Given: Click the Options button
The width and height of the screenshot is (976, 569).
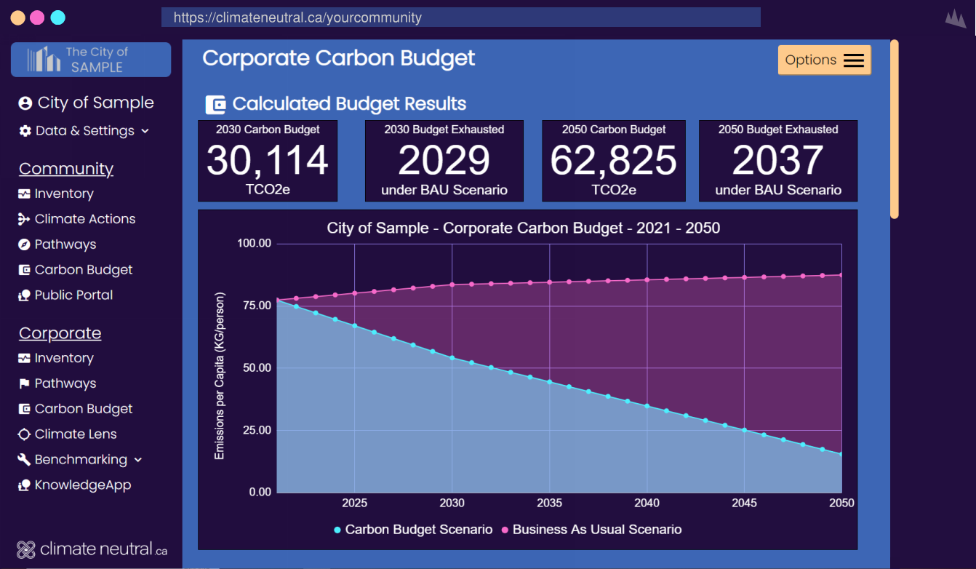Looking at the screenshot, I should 824,60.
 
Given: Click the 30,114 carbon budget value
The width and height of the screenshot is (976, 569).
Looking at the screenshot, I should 268,161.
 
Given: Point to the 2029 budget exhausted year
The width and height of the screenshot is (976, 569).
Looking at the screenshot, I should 444,161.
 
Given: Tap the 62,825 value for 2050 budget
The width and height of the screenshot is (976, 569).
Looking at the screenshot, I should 613,161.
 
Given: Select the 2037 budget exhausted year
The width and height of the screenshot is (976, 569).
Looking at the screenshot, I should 777,161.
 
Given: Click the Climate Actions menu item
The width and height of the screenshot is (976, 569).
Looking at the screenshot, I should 84,219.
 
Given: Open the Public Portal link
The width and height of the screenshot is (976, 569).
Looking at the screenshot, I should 73,295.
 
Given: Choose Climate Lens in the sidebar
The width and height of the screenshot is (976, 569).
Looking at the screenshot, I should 75,434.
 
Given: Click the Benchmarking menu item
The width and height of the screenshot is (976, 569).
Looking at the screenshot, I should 80,460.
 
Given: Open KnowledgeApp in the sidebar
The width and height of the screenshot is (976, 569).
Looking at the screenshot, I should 82,485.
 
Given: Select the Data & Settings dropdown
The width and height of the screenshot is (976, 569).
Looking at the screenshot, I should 84,131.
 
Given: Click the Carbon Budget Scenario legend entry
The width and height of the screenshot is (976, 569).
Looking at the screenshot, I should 413,530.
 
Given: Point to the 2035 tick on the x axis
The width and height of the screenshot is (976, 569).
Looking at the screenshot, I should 549,503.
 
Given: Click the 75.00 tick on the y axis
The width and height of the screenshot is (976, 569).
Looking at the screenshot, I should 255,306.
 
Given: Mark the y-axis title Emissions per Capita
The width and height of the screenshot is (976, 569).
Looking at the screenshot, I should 219,375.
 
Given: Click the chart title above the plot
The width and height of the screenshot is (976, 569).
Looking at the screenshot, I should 523,228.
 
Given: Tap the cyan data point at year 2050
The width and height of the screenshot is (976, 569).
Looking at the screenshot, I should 841,455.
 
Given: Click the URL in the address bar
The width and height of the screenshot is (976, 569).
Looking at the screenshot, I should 297,17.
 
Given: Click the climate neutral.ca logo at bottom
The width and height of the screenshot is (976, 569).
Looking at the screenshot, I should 92,549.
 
